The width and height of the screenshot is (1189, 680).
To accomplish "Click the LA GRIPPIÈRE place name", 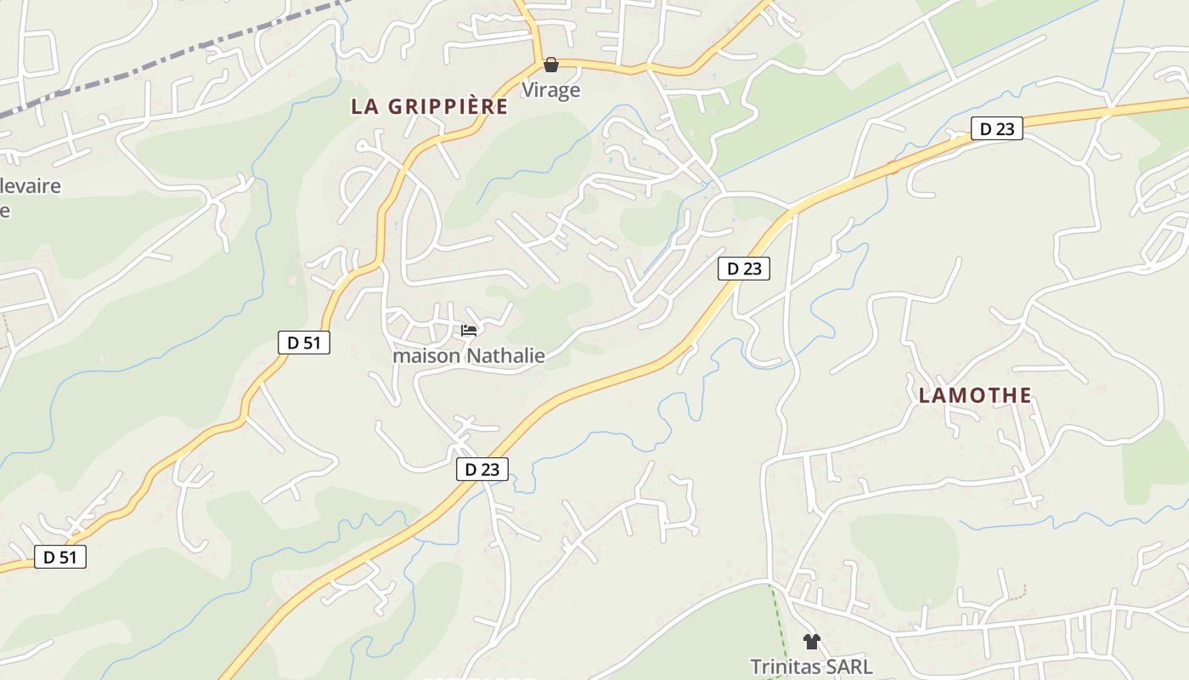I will (x=429, y=107).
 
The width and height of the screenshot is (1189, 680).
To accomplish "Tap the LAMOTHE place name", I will (x=975, y=395).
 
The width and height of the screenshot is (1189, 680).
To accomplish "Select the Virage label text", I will (x=550, y=90).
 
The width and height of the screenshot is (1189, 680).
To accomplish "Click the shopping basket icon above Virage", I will (x=550, y=65).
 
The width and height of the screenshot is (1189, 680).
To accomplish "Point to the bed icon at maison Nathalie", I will (x=469, y=331).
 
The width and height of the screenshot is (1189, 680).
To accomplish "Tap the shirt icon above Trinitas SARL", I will (x=811, y=642).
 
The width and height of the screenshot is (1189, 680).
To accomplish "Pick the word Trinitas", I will (x=786, y=667).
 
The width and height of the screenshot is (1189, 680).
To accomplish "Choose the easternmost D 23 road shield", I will (x=997, y=129).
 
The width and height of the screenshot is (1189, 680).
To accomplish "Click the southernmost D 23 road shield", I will (x=482, y=469).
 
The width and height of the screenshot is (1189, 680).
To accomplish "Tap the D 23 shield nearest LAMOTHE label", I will (x=744, y=269).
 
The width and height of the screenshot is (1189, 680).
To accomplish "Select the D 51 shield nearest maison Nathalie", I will (x=303, y=343).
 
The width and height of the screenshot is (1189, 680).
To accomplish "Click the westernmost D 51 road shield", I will (x=60, y=558).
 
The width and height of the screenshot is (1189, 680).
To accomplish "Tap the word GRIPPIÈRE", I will (x=448, y=107).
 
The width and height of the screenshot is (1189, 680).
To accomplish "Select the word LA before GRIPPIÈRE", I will (x=364, y=107).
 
